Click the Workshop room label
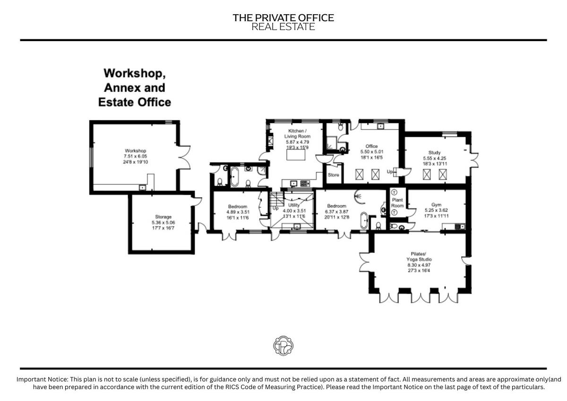click(135, 151)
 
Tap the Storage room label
click(163, 217)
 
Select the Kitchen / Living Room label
click(297, 133)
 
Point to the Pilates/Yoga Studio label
click(419, 256)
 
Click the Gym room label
click(437, 205)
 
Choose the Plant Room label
click(397, 203)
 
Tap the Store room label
click(334, 175)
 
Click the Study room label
click(434, 152)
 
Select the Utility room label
click(294, 205)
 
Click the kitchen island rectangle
click(296, 155)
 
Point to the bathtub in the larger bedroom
click(364, 220)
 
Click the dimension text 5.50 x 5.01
click(372, 152)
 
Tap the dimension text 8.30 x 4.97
click(419, 265)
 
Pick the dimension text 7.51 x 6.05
click(135, 157)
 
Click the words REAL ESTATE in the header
click(283, 26)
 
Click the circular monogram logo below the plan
click(283, 346)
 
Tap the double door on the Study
click(473, 160)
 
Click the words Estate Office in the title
click(134, 102)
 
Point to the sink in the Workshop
click(143, 188)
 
